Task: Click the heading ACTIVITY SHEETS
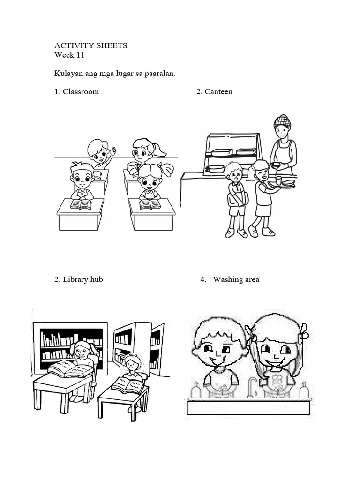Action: click(x=90, y=45)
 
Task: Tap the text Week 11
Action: click(x=69, y=55)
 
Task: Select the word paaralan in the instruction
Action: click(x=159, y=74)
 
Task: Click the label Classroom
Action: click(x=81, y=91)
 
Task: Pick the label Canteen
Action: click(x=218, y=91)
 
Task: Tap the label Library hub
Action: click(x=82, y=279)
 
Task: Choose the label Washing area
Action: click(x=236, y=279)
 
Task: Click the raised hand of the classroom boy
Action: click(x=113, y=151)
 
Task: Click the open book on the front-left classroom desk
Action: click(x=81, y=204)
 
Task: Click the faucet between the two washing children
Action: click(x=252, y=386)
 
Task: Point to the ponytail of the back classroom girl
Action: click(x=160, y=150)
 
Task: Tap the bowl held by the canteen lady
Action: click(x=276, y=165)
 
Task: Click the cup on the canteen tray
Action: click(x=278, y=180)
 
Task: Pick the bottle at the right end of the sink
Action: click(x=304, y=390)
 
